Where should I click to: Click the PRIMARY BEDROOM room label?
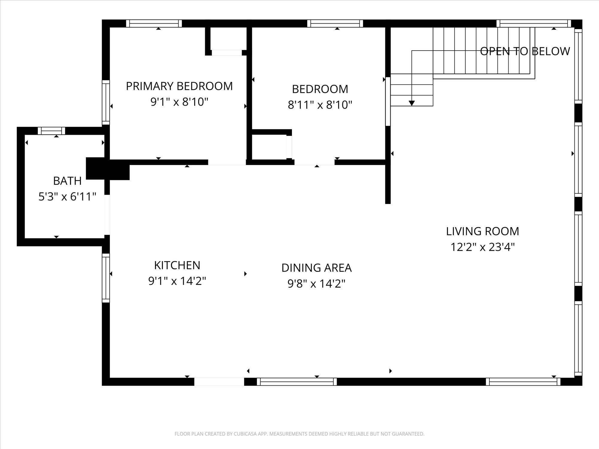179,86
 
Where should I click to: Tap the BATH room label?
67,181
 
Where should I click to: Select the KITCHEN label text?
177,265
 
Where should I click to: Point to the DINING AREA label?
317,268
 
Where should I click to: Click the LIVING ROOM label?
482,231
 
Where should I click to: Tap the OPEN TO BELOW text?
525,51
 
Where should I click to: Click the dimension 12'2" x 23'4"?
482,247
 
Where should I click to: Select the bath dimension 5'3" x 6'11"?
67,197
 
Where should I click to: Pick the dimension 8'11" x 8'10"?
320,105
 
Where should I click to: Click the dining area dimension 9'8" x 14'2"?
317,283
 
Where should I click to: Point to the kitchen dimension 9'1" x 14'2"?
177,281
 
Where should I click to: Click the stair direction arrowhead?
412,103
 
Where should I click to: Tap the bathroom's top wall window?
52,131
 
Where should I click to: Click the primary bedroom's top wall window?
154,23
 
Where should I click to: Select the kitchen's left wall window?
106,278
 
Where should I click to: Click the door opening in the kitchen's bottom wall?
219,382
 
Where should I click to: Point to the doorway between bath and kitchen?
107,215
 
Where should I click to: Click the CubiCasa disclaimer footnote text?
299,434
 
